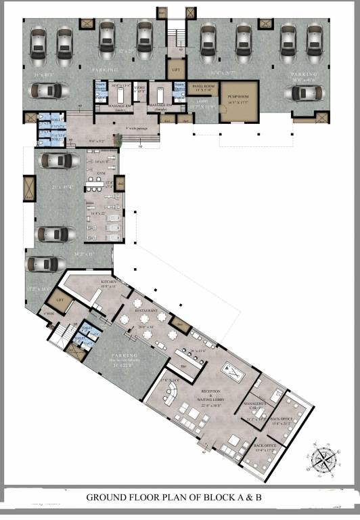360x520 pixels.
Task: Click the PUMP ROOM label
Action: click(x=239, y=97)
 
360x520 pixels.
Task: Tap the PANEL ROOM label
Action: click(x=202, y=87)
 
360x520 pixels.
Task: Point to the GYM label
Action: click(x=101, y=173)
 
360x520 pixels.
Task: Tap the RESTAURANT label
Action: click(x=147, y=311)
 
